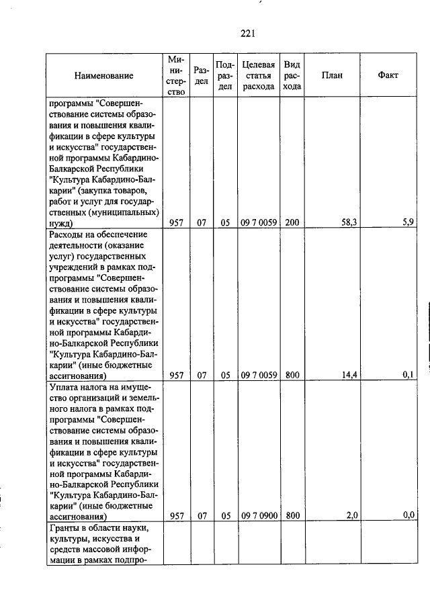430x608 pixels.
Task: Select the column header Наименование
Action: tap(104, 76)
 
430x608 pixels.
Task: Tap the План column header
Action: tap(332, 75)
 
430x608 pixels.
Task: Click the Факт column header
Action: tap(388, 75)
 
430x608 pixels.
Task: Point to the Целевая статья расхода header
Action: tap(258, 75)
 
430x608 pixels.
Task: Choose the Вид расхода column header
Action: tap(292, 75)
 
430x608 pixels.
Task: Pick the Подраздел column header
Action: tap(225, 75)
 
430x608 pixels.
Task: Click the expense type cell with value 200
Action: tap(292, 223)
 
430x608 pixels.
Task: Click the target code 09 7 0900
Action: tap(258, 515)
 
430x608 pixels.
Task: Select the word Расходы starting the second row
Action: tap(68, 234)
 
